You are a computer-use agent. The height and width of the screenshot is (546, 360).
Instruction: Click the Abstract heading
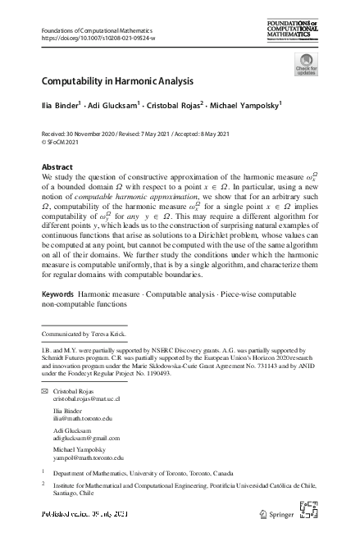[57, 166]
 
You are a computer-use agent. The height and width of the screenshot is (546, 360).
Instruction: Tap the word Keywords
[57, 292]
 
